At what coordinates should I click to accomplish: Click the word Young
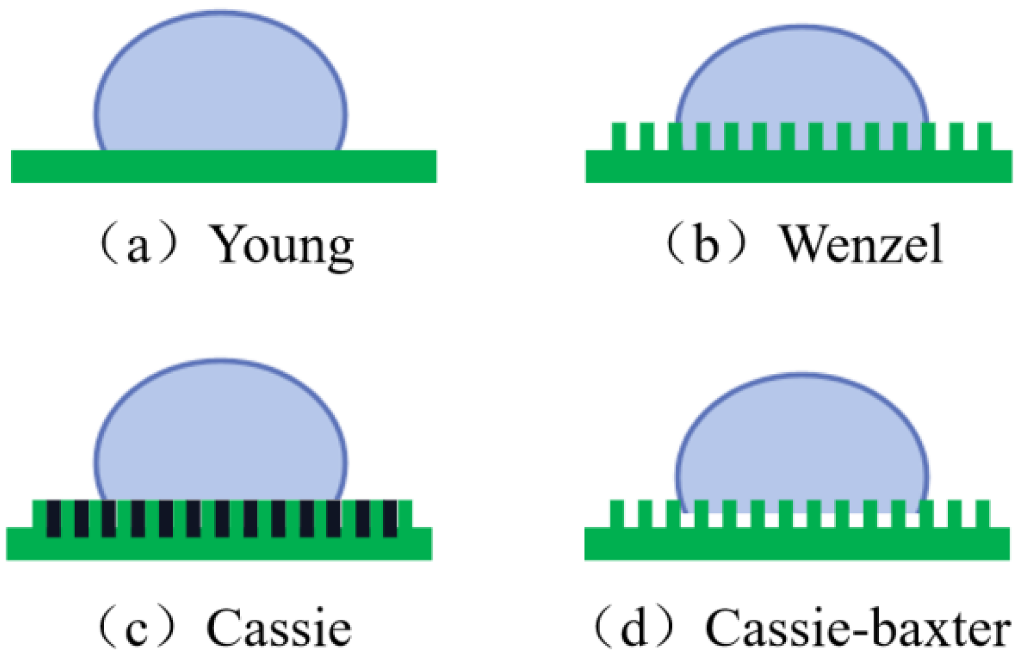283,245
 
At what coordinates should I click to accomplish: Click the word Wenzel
861,244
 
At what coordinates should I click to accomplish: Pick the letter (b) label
705,244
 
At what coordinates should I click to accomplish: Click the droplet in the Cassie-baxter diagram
801,443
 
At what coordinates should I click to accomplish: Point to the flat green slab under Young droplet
223,167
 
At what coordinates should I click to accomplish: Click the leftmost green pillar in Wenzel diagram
618,136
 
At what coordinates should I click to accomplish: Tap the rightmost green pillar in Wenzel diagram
984,136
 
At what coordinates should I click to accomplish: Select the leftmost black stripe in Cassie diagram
54,519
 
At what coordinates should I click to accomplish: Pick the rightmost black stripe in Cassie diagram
390,519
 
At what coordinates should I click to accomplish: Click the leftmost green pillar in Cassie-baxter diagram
617,514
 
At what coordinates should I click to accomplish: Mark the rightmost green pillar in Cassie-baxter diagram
982,514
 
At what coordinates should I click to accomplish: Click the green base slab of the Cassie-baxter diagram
797,544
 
